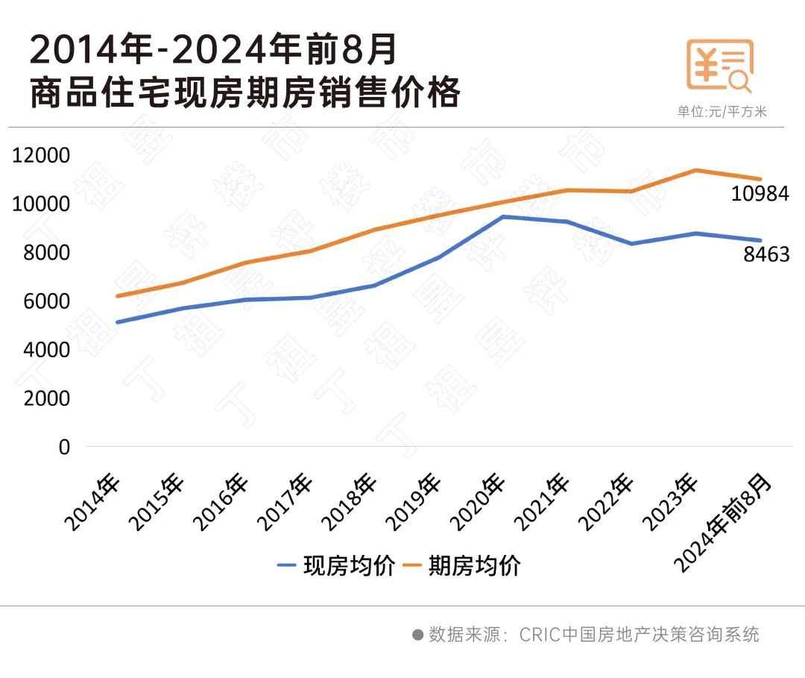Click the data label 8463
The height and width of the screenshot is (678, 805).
click(766, 255)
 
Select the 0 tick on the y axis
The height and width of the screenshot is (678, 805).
click(63, 447)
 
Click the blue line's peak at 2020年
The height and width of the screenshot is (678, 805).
click(505, 217)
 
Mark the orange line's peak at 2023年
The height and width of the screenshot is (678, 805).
click(695, 170)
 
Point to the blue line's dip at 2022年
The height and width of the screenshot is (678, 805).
click(632, 244)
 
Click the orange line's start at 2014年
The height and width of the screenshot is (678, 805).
click(117, 296)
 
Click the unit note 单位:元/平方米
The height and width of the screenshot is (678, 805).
click(722, 112)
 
